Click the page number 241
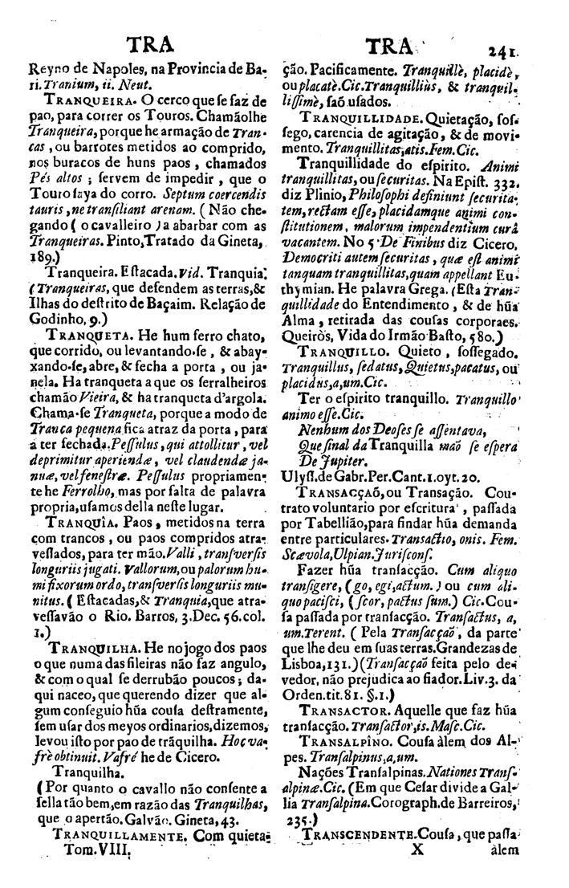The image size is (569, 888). click(x=507, y=47)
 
